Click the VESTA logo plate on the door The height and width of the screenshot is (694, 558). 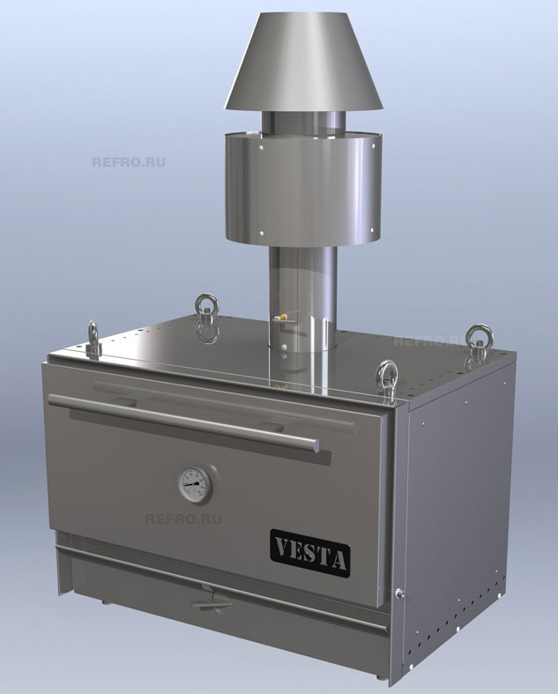tap(310, 554)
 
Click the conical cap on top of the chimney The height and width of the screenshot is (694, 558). tap(304, 61)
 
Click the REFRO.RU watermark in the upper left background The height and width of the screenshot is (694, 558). tap(129, 162)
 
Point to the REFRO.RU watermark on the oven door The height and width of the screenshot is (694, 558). tap(182, 519)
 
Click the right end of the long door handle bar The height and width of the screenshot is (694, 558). tap(315, 444)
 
